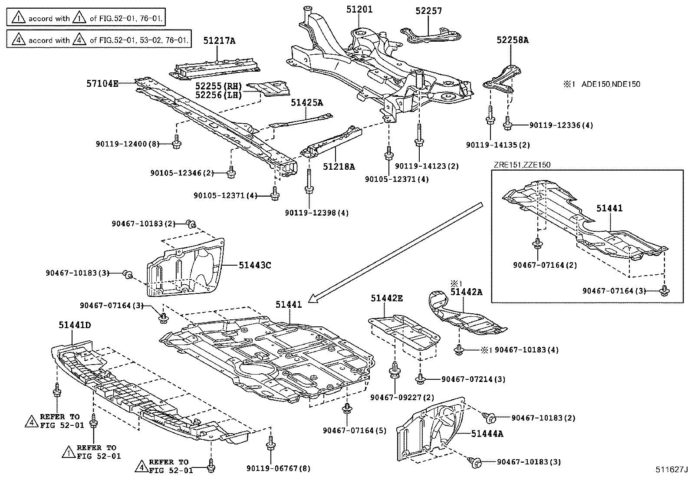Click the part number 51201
coord(359,9)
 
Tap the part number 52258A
coord(513,40)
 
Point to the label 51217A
coord(219,41)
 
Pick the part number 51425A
coord(307,102)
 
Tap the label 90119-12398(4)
coord(317,213)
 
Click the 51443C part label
coord(254,264)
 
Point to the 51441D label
coord(75,325)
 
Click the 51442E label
coord(386,298)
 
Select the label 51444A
coord(487,433)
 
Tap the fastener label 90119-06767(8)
coord(279,469)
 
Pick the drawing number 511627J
coord(672,470)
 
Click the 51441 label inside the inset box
coord(609,208)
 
